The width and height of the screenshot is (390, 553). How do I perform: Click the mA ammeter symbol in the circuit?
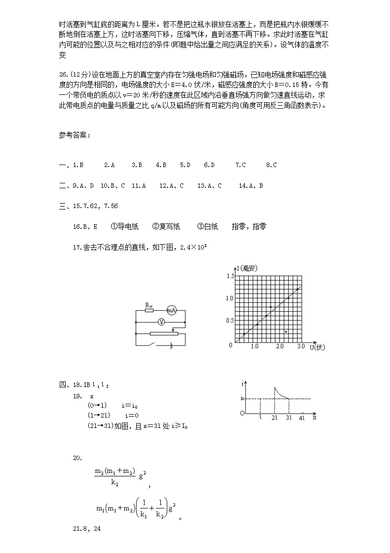(171, 310)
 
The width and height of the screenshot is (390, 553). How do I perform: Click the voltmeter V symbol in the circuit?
(160, 322)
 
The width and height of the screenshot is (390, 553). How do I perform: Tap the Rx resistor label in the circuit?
(148, 305)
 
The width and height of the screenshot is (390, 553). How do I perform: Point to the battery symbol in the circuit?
(171, 345)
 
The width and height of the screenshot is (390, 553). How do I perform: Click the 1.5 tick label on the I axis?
(230, 276)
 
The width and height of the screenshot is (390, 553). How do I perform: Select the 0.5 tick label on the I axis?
(230, 321)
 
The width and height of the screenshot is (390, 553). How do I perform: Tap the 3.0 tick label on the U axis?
(301, 347)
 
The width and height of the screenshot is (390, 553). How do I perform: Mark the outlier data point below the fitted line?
(286, 331)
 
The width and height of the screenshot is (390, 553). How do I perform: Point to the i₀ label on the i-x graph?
(242, 398)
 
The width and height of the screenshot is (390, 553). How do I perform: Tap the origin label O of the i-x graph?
(242, 413)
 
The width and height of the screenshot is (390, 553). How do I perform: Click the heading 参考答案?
(74, 136)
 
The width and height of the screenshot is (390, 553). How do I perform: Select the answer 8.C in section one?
(271, 165)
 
